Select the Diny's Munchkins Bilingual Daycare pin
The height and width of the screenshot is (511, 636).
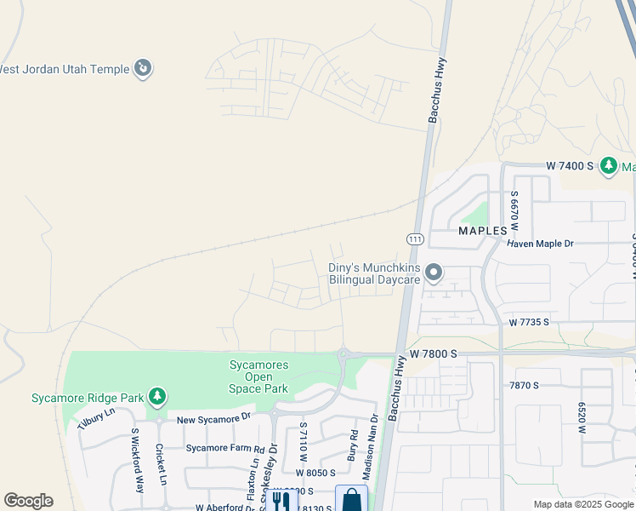(434, 273)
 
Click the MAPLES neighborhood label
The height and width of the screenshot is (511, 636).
(483, 231)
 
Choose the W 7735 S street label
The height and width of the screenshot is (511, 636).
(529, 323)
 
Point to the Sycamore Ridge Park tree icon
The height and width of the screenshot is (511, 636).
(156, 397)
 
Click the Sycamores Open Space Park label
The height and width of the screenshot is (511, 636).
(258, 376)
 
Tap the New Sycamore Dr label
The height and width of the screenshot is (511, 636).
(214, 418)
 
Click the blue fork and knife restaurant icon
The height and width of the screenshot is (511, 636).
(278, 500)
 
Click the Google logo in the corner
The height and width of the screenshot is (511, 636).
(28, 501)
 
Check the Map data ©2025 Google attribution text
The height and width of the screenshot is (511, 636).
(583, 504)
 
